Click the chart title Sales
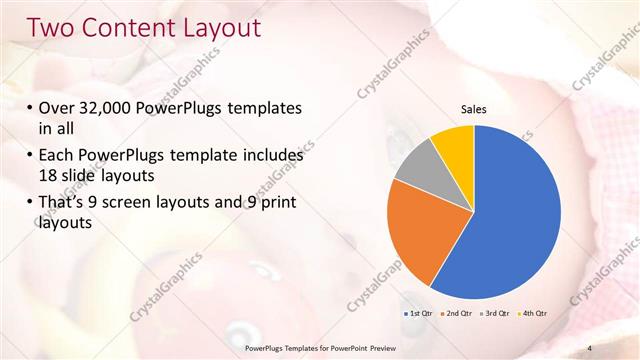pyautogui.click(x=474, y=109)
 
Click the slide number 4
pyautogui.click(x=589, y=347)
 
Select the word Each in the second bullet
pyautogui.click(x=58, y=156)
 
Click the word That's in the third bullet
pyautogui.click(x=63, y=204)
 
